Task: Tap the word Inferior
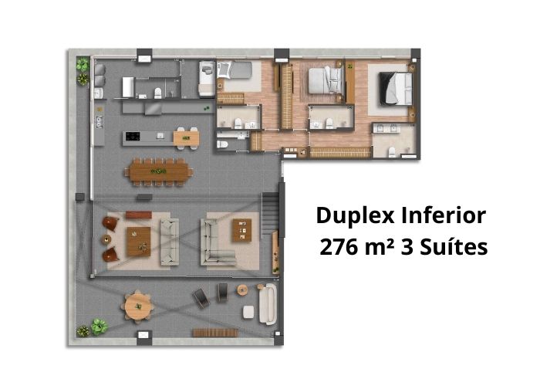[444, 215]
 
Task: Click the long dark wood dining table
[157, 171]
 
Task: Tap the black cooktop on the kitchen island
[132, 136]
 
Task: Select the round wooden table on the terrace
[138, 306]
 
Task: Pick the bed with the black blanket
[395, 88]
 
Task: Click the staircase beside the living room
[270, 215]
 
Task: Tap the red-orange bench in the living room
[138, 215]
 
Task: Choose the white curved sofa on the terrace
[268, 304]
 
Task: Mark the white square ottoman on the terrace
[248, 312]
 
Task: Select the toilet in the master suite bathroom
[392, 151]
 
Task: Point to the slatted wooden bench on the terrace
[215, 333]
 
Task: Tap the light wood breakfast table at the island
[186, 138]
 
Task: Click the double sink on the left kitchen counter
[100, 122]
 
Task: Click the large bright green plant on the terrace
[100, 327]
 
